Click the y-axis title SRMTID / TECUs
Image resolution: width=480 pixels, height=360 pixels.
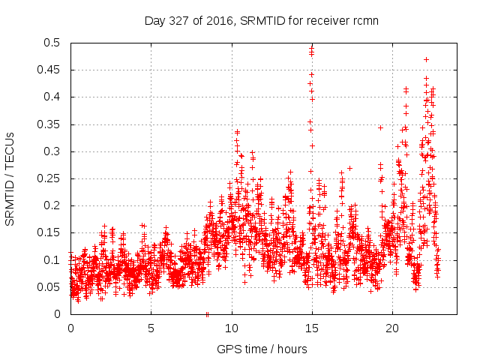(x=10, y=178)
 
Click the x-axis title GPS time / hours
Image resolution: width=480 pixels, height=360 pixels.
(x=262, y=349)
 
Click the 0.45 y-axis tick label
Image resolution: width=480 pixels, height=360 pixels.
(x=50, y=70)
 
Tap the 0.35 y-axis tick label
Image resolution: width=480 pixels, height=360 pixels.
(x=50, y=124)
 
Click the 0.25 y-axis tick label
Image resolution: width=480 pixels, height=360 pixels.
(x=50, y=178)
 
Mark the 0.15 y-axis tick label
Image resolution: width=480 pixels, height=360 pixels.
(x=50, y=232)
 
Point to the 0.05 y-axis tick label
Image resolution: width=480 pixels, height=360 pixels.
(x=50, y=287)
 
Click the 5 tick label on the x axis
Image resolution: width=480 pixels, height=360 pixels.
(x=151, y=328)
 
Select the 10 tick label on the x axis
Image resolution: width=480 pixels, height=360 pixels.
(x=232, y=328)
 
